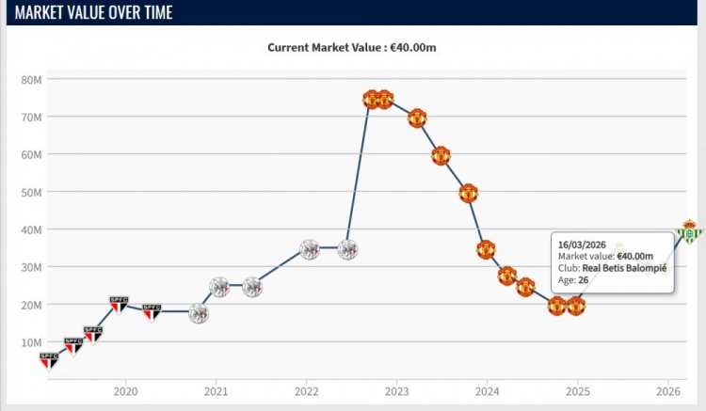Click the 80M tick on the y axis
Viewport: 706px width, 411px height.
pyautogui.click(x=31, y=80)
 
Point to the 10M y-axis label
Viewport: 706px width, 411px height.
pyautogui.click(x=31, y=341)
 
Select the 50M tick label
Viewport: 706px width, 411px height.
pyautogui.click(x=31, y=192)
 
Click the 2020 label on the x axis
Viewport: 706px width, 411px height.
pyautogui.click(x=126, y=391)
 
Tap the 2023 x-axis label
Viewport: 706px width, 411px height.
pyautogui.click(x=396, y=391)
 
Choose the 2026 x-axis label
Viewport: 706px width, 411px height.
pyautogui.click(x=667, y=391)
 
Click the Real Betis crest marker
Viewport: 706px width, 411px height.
pyautogui.click(x=690, y=231)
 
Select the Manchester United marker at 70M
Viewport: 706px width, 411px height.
pyautogui.click(x=417, y=119)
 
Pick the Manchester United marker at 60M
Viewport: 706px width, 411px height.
pyautogui.click(x=441, y=156)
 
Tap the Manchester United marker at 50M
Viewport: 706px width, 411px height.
pyautogui.click(x=468, y=194)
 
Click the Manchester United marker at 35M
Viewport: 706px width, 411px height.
pyautogui.click(x=486, y=250)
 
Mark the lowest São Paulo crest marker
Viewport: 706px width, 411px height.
pyautogui.click(x=49, y=359)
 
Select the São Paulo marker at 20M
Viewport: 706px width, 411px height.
pyautogui.click(x=118, y=304)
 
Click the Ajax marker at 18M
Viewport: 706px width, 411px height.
pyautogui.click(x=199, y=314)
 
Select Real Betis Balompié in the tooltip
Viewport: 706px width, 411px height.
pyautogui.click(x=623, y=267)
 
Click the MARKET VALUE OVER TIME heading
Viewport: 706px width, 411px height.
pyautogui.click(x=94, y=13)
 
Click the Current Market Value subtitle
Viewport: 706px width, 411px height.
pyautogui.click(x=353, y=47)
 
